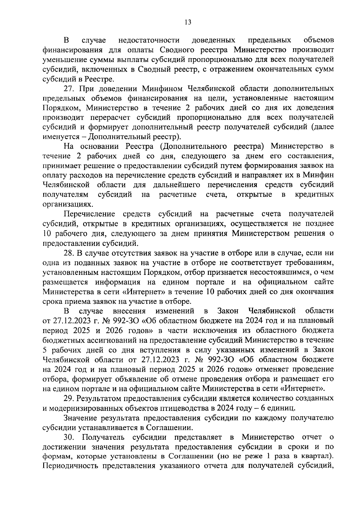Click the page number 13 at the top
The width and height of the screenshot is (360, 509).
coord(188,22)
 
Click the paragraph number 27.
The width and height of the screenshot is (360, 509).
coord(70,89)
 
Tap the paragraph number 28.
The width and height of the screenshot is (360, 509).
coord(70,253)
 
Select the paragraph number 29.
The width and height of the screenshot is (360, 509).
coord(70,398)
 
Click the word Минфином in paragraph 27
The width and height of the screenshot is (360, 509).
coord(163,89)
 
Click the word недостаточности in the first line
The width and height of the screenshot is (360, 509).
coord(149,40)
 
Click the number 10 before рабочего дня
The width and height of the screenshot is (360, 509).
coord(47,234)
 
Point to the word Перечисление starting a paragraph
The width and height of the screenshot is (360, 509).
coord(90,214)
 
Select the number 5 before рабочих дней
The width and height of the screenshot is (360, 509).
coord(45,350)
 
